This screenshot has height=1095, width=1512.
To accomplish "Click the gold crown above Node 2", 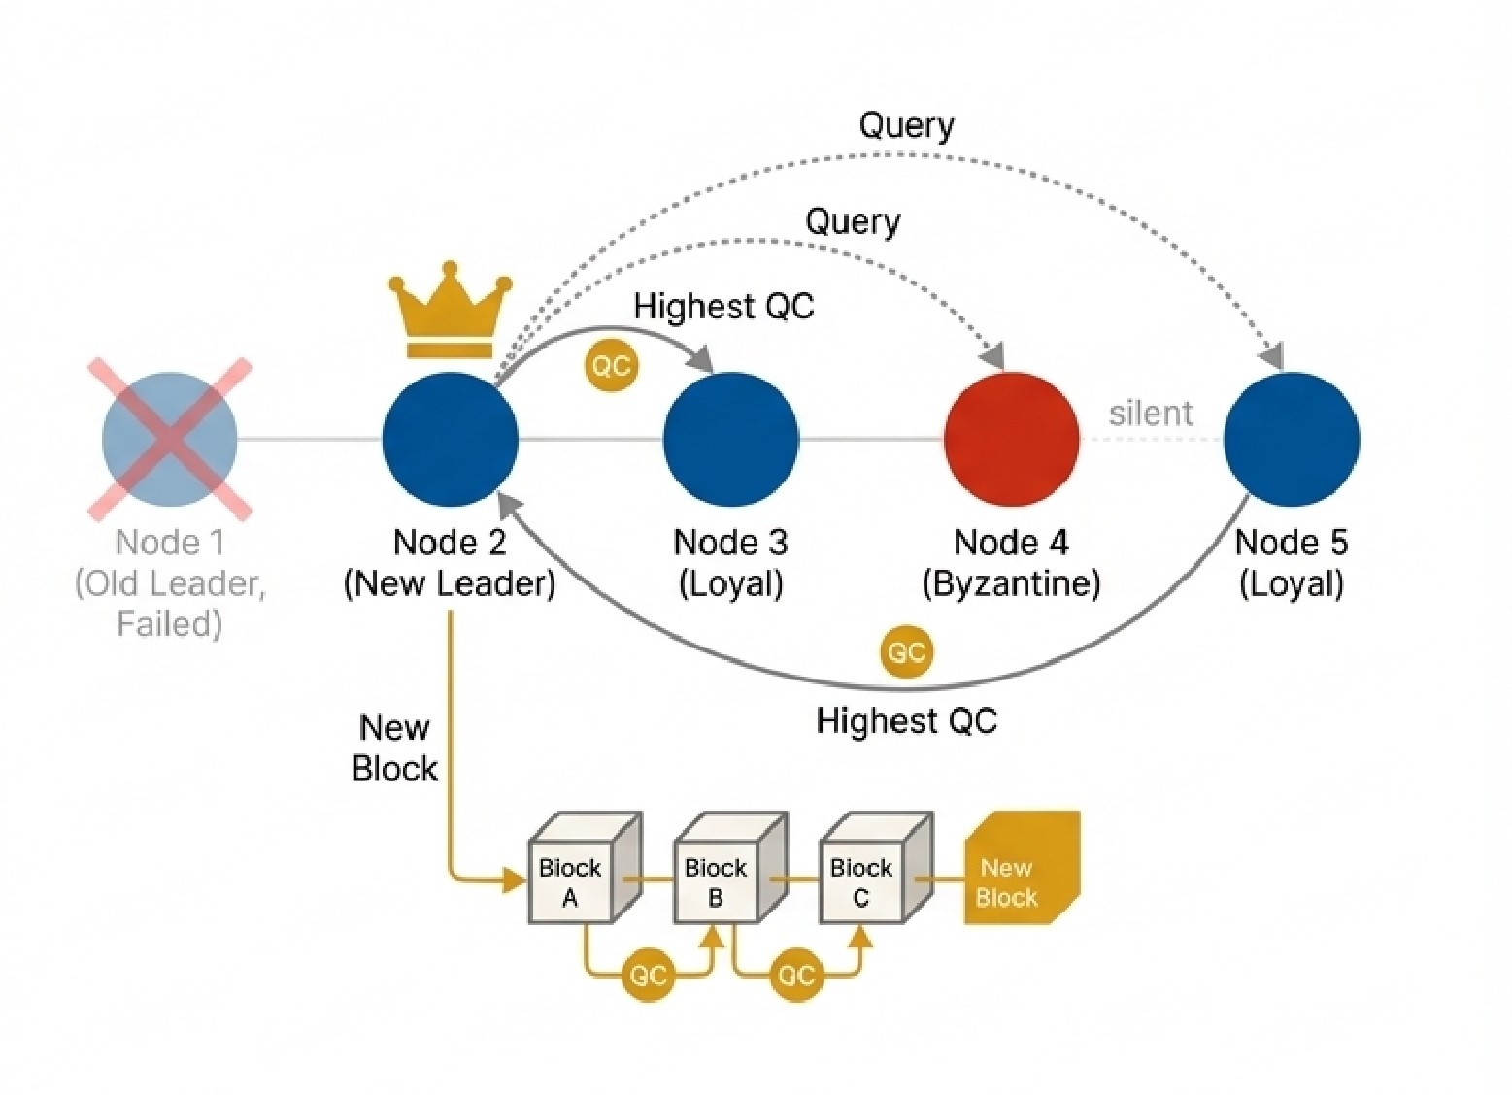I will (450, 309).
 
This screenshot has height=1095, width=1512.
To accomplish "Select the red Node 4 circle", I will (1011, 439).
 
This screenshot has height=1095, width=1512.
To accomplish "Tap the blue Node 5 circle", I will (1291, 439).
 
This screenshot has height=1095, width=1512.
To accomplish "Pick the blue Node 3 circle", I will (730, 439).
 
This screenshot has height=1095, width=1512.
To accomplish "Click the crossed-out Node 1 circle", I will (170, 439).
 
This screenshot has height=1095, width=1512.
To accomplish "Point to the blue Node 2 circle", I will (450, 439).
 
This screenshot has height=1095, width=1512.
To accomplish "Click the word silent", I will (1150, 414).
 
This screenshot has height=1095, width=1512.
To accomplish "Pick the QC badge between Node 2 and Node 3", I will (611, 366).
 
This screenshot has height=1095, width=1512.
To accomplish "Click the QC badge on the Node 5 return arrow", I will (906, 651).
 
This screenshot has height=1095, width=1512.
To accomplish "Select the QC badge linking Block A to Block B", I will (648, 975).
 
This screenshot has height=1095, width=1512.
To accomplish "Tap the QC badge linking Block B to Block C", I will (795, 975).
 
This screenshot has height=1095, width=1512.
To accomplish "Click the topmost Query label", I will (906, 125).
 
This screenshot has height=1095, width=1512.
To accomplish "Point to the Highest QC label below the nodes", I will (906, 721).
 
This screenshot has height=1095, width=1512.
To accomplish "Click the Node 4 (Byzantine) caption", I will (1011, 563).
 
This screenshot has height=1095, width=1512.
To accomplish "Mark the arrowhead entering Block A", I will (514, 880).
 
